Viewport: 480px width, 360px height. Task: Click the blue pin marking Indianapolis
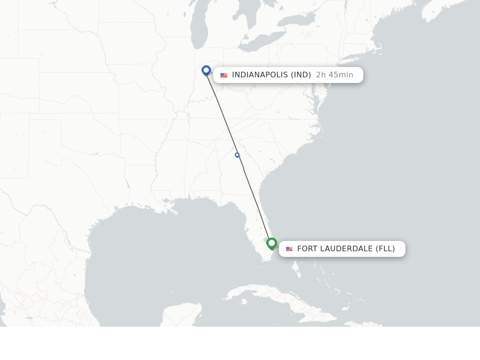206,70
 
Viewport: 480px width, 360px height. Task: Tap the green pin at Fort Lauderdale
271,243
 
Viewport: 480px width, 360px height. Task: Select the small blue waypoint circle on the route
237,155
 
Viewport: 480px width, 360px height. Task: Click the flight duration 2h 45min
335,75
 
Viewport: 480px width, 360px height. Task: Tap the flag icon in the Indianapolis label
224,75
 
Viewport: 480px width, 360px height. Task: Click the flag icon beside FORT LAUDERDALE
289,249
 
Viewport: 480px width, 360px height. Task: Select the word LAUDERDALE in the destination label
346,249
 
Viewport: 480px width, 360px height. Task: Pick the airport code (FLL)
385,249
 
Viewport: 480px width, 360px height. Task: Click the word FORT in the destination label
307,249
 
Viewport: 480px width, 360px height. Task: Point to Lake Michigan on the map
199,28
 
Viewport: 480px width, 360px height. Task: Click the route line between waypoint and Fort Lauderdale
255,202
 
